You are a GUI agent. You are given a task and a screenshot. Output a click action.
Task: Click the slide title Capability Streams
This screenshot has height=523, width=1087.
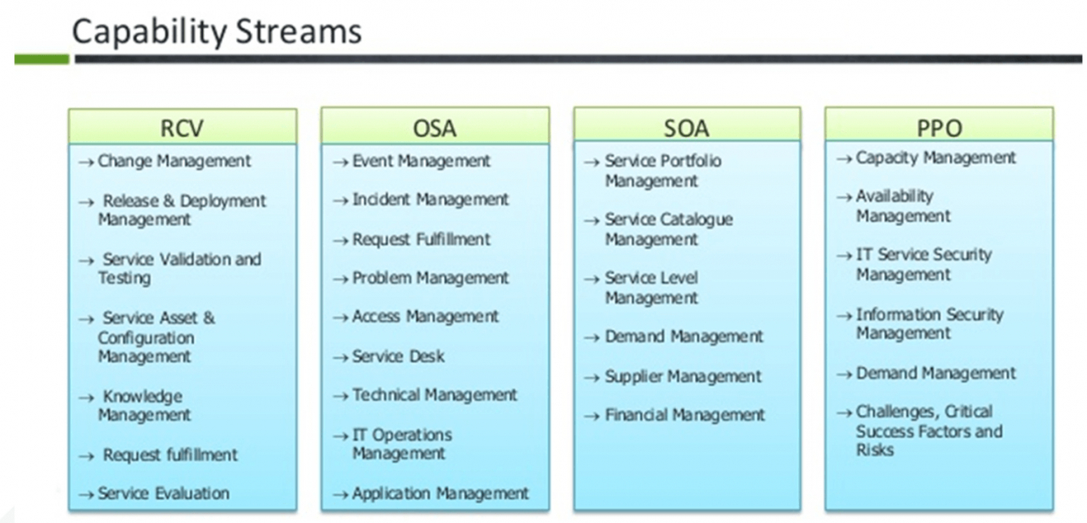click(217, 32)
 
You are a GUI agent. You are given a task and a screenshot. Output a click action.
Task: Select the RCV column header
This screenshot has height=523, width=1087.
click(182, 126)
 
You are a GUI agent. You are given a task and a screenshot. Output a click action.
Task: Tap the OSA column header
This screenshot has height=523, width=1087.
click(434, 126)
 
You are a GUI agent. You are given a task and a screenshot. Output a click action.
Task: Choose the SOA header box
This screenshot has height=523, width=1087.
click(687, 125)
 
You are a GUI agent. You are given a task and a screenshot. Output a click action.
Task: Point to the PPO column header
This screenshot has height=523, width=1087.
click(939, 125)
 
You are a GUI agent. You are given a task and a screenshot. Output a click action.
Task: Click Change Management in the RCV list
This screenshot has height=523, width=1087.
click(174, 161)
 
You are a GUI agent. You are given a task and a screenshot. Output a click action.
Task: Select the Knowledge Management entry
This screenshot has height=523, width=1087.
click(145, 406)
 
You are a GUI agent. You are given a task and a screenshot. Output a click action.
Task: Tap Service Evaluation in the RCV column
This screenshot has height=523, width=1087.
click(163, 493)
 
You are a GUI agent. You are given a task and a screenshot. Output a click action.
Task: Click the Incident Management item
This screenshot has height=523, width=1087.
click(430, 200)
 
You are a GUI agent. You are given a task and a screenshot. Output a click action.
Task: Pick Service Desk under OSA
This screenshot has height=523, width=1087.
click(398, 356)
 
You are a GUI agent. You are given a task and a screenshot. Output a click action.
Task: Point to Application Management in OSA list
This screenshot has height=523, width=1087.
click(440, 493)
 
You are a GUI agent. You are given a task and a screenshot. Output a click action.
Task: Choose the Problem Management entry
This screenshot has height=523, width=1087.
click(430, 278)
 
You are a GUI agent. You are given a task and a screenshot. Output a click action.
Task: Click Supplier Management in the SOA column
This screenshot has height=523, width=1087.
click(682, 377)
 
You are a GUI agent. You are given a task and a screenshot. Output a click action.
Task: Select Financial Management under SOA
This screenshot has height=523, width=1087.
click(685, 415)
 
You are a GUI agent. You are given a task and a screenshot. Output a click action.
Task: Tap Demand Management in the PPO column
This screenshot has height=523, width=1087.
click(936, 373)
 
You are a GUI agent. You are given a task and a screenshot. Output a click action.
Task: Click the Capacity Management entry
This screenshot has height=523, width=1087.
click(936, 158)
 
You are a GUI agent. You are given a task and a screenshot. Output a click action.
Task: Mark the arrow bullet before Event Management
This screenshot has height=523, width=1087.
click(340, 162)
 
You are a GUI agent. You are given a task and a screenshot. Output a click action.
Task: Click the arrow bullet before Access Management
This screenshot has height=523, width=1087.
click(340, 318)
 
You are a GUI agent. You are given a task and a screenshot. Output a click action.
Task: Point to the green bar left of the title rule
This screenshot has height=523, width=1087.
click(42, 59)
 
